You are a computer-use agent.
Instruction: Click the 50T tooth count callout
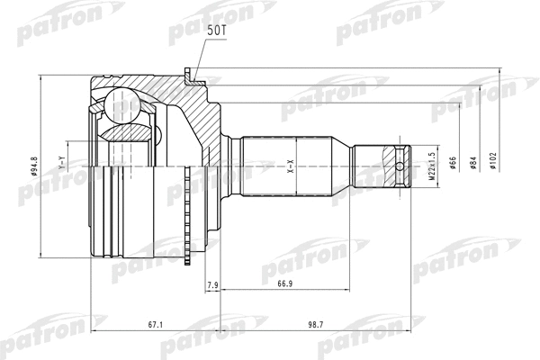click(217, 31)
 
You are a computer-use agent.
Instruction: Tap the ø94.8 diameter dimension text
click(34, 166)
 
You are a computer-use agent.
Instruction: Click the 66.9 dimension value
click(284, 283)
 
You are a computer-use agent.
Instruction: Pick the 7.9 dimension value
click(212, 284)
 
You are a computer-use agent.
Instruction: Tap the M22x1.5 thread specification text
click(432, 166)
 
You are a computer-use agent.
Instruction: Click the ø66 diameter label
click(453, 163)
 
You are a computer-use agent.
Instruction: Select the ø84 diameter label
click(473, 163)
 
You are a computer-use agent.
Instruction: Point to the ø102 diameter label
click(493, 161)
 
